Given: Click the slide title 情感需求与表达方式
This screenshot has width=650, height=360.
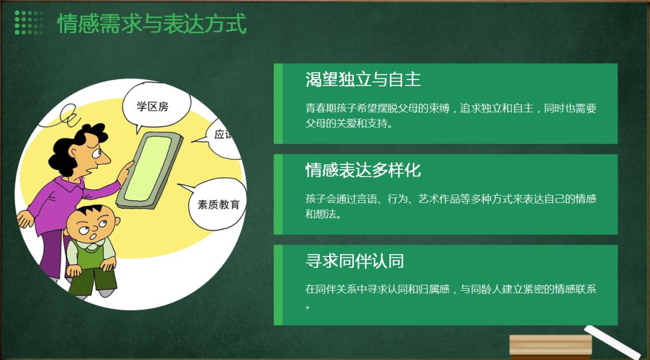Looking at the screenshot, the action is tap(152, 23).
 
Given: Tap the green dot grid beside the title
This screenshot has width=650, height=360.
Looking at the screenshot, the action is tap(29, 23).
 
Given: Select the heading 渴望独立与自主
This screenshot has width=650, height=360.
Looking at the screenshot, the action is tap(363, 79).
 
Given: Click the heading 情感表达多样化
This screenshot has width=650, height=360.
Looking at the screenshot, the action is tap(363, 170).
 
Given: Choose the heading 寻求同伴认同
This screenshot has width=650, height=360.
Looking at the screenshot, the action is tap(355, 261).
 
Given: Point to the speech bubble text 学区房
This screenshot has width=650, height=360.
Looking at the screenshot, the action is tap(152, 107).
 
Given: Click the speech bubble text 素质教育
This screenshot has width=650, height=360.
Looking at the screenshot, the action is tap(218, 204).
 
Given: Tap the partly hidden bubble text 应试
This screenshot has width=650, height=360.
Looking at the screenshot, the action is tap(224, 134).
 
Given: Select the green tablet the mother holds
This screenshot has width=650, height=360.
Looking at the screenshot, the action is tap(149, 170).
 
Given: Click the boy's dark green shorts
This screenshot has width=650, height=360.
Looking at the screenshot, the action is tap(92, 280).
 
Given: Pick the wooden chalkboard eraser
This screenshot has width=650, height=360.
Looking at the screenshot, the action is tap(551, 345).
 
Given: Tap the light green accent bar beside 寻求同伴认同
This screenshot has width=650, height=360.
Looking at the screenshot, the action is tap(278, 285).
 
